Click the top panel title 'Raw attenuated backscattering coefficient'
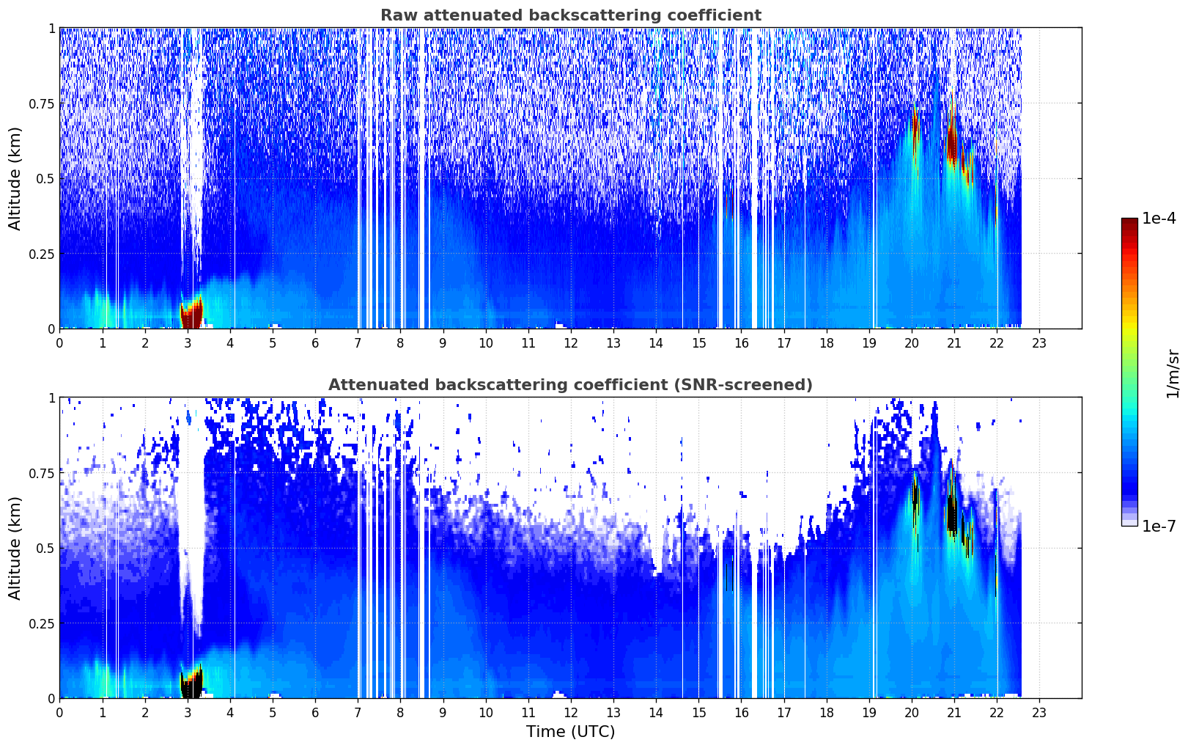click(x=571, y=15)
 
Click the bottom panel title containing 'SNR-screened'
click(x=571, y=384)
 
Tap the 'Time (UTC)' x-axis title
click(x=571, y=732)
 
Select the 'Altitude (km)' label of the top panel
click(x=15, y=178)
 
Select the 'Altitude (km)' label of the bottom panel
click(x=15, y=548)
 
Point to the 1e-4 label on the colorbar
click(x=1159, y=218)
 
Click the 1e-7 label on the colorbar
click(x=1159, y=527)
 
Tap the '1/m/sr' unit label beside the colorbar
click(x=1173, y=373)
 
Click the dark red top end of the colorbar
click(x=1129, y=221)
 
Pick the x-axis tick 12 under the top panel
click(x=571, y=343)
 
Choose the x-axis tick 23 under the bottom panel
click(x=1039, y=713)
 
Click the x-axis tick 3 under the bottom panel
click(x=187, y=713)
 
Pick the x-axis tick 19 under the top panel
click(x=869, y=343)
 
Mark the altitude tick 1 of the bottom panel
click(x=52, y=398)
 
